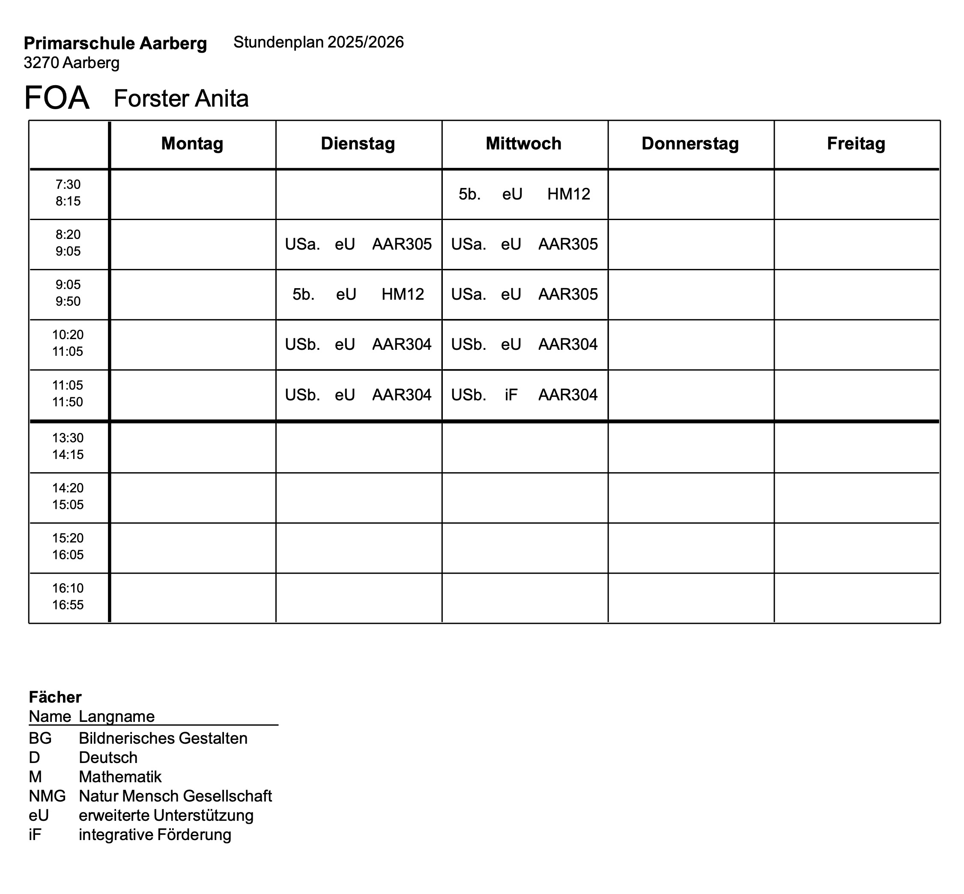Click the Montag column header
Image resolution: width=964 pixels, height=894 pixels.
[x=192, y=144]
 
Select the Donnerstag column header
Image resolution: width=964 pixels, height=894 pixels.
[x=689, y=144]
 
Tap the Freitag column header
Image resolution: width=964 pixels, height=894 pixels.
[x=856, y=144]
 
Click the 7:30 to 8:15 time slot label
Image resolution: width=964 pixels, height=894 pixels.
[x=68, y=193]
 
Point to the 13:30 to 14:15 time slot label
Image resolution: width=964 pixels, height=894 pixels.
[x=68, y=446]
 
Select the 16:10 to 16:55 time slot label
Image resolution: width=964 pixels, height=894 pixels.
[x=68, y=596]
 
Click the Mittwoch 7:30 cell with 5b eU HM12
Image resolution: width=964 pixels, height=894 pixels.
[x=524, y=194]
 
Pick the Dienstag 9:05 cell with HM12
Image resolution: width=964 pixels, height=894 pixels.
[x=358, y=294]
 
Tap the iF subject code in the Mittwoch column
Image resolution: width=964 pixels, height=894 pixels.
[x=511, y=395]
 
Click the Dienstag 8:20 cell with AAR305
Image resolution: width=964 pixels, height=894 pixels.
[x=358, y=244]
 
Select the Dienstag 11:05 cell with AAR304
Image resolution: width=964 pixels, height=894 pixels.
[x=358, y=395]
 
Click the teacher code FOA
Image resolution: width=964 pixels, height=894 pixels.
[x=57, y=98]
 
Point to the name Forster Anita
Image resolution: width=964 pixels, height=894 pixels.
[x=181, y=98]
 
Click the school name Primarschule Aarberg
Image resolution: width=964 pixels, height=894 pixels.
[x=115, y=44]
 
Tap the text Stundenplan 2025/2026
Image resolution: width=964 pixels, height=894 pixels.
[x=319, y=42]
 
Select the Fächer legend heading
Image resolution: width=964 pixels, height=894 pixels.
[x=55, y=697]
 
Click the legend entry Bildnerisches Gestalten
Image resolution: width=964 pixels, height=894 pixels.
[x=163, y=738]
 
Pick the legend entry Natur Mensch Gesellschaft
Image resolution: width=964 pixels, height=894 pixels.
[x=175, y=796]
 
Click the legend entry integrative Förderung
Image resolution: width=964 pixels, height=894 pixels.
[x=155, y=835]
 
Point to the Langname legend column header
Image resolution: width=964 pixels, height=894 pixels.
[x=116, y=716]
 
